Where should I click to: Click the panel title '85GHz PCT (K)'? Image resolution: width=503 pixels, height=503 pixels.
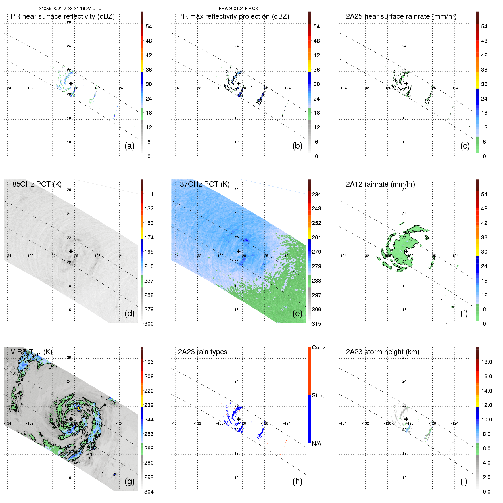(x=37, y=184)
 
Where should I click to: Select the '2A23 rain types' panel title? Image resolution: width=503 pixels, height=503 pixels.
(x=202, y=352)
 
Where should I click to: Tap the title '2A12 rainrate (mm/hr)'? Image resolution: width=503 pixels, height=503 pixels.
(x=380, y=184)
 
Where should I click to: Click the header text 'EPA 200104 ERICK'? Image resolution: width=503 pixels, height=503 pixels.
(x=238, y=9)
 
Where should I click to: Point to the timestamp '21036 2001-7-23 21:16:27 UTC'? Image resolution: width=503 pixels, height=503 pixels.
(x=70, y=9)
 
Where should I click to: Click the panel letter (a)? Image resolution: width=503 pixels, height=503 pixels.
(x=130, y=146)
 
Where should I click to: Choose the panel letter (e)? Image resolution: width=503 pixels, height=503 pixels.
(x=297, y=314)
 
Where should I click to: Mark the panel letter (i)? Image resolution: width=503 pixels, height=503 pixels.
(x=464, y=481)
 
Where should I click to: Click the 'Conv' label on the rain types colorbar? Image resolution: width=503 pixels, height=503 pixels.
(x=318, y=347)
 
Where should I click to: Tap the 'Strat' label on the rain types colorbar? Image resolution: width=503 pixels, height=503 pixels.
(x=318, y=395)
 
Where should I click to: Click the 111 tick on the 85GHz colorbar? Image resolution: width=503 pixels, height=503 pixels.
(x=149, y=194)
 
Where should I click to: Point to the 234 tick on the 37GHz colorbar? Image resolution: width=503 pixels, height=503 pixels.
(x=316, y=194)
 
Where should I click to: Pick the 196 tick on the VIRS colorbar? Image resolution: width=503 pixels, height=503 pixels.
(x=149, y=362)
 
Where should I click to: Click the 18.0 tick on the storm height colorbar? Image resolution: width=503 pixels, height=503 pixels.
(x=486, y=362)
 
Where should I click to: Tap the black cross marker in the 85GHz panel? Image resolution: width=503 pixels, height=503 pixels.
(x=71, y=251)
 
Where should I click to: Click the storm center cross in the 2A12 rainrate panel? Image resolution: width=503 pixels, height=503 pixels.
(x=406, y=251)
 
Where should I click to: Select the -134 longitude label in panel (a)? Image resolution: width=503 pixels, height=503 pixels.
(x=7, y=88)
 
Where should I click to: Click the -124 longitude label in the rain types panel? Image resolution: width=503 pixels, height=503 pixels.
(x=287, y=423)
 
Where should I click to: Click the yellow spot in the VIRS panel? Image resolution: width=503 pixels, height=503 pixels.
(x=78, y=408)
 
